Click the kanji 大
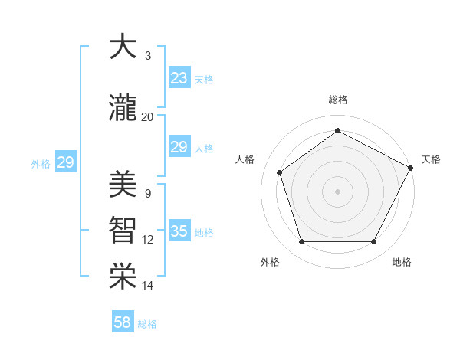pos(121,47)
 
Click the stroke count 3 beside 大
pos(147,56)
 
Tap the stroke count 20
pos(147,117)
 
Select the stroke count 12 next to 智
pos(147,240)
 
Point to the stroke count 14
pos(147,286)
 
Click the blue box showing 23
pos(179,78)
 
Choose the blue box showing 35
pos(179,231)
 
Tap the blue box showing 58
pos(123,322)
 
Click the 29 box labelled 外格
pos(65,162)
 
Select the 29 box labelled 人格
pos(179,147)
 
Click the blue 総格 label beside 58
pos(147,324)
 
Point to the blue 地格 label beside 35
pos(204,233)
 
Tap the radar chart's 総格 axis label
pos(337,100)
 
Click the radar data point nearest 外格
pos(301,242)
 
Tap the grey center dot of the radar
pos(337,191)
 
